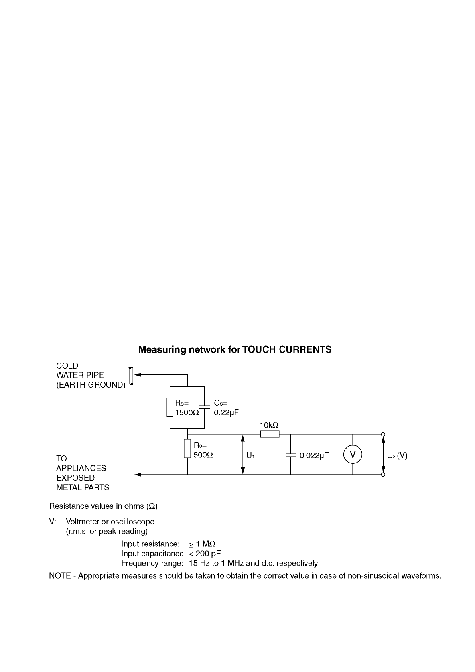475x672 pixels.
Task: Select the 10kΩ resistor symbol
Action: click(270, 434)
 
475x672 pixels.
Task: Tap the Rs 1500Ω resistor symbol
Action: click(170, 408)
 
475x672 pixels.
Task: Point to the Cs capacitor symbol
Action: click(204, 407)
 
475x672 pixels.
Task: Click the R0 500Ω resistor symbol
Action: click(187, 449)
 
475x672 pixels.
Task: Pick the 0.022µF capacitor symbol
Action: click(290, 455)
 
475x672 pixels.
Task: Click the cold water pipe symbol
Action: click(131, 375)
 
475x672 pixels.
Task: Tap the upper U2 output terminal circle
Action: click(383, 434)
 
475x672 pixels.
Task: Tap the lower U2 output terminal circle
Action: click(383, 475)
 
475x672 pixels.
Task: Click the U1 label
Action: click(250, 455)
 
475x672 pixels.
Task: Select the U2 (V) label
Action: click(397, 455)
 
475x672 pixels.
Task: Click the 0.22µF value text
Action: click(226, 412)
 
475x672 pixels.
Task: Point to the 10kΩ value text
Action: click(269, 425)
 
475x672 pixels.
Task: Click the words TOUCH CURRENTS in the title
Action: click(287, 349)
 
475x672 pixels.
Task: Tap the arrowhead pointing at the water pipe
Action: click(138, 375)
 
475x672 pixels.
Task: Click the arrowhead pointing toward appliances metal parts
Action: click(138, 475)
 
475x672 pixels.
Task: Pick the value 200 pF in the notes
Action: click(208, 553)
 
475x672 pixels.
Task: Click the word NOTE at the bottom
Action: click(60, 576)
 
